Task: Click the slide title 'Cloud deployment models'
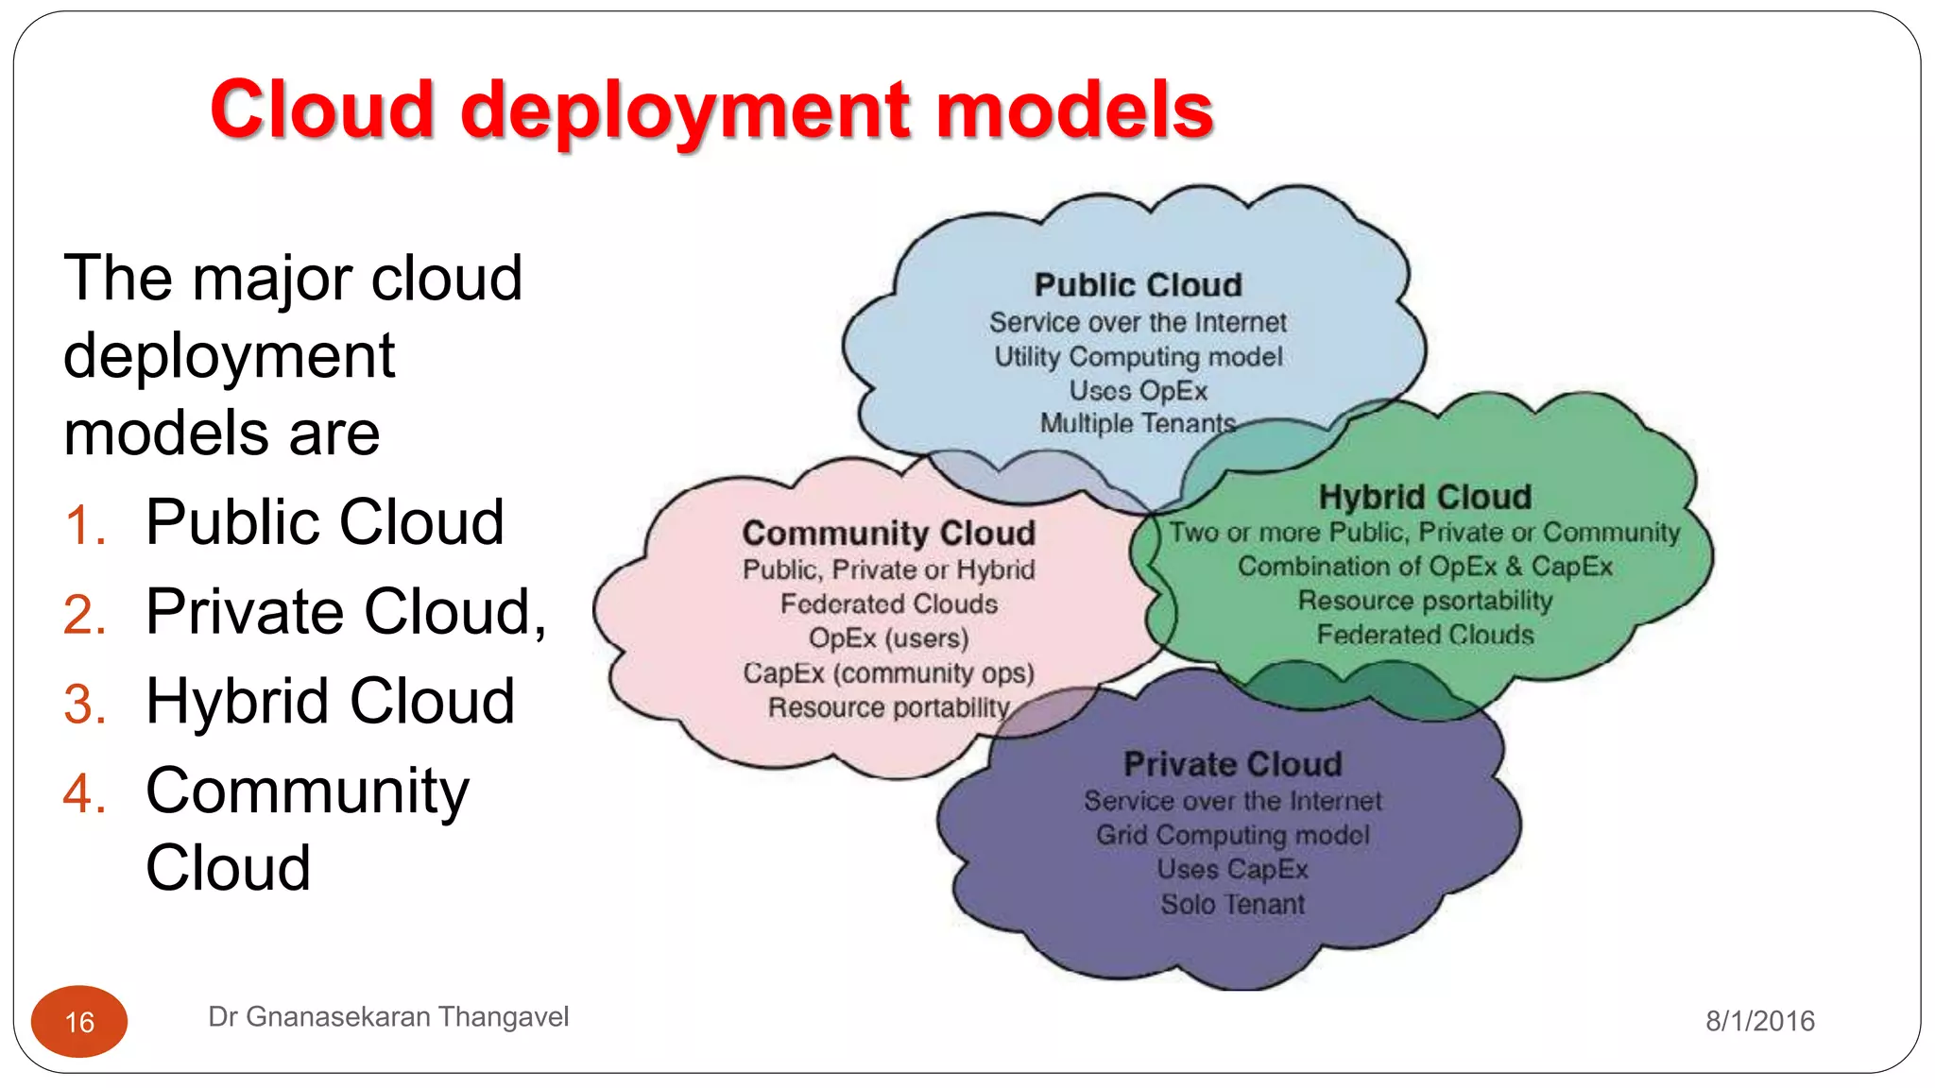point(711,110)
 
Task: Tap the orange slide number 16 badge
point(79,1022)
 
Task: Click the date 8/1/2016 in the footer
point(1759,1021)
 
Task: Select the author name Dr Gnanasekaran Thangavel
point(387,1017)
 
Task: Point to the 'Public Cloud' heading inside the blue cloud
point(1138,285)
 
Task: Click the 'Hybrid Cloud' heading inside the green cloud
point(1425,497)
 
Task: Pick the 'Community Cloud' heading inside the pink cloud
point(888,534)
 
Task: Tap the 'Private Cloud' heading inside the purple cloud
point(1232,764)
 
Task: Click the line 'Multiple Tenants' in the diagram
point(1138,424)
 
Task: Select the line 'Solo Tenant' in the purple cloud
point(1232,905)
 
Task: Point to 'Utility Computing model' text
point(1138,357)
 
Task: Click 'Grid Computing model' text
point(1232,836)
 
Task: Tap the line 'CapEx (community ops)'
point(888,673)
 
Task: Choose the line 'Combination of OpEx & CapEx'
point(1425,567)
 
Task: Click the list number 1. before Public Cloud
point(85,525)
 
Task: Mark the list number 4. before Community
point(85,793)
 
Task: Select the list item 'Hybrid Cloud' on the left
point(330,702)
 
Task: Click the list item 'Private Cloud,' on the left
point(346,612)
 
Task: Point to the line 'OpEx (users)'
point(888,638)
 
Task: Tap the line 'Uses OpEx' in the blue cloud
point(1138,391)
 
